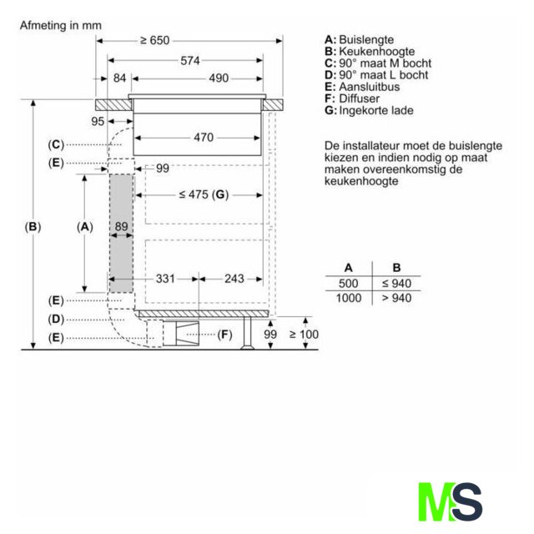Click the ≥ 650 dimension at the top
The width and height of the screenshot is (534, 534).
[155, 41]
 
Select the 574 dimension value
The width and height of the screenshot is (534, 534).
[190, 61]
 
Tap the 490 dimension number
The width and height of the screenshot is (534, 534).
[219, 78]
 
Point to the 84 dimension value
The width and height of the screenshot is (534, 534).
[119, 78]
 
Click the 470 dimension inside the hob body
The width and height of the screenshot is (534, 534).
[204, 138]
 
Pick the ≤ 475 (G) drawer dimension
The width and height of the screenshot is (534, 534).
[204, 194]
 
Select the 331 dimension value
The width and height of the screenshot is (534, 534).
[165, 279]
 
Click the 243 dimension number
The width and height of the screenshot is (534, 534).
[234, 279]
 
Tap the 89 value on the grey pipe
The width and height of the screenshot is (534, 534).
[121, 226]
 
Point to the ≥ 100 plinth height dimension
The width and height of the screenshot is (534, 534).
[304, 334]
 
